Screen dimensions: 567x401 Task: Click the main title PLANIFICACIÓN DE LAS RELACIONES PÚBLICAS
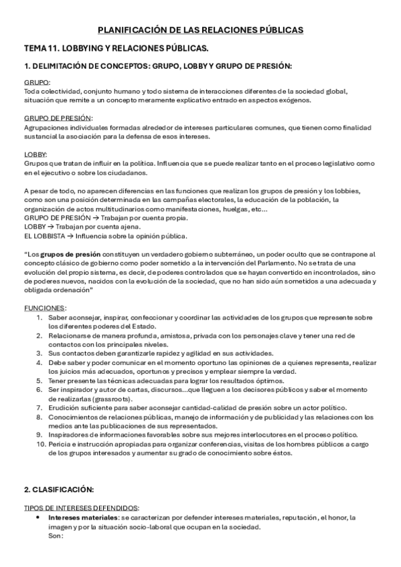click(x=200, y=30)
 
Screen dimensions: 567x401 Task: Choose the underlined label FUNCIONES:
click(x=45, y=308)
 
